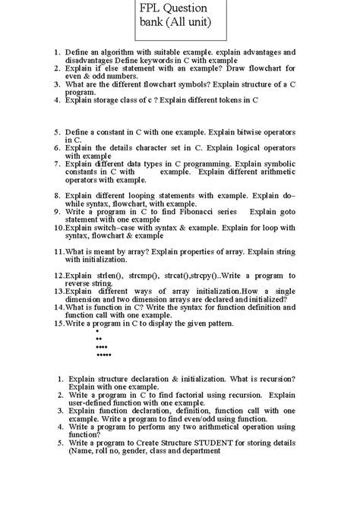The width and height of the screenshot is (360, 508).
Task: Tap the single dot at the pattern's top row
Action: coord(97,332)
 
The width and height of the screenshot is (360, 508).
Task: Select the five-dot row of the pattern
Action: coord(104,355)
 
